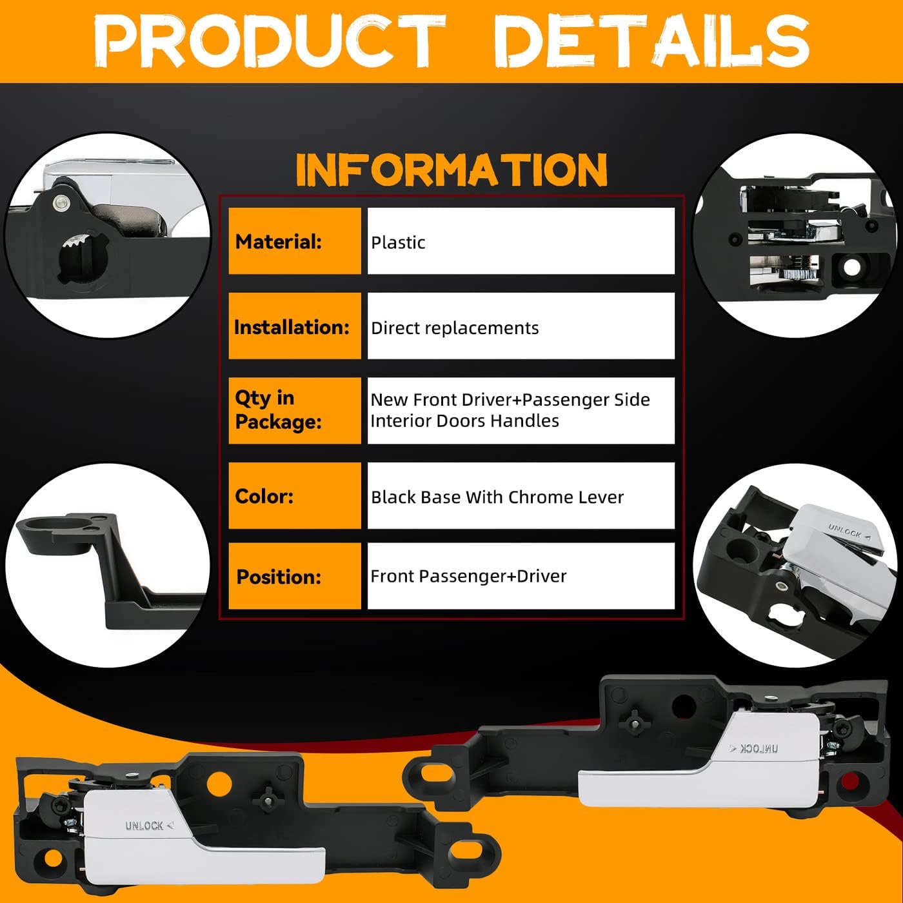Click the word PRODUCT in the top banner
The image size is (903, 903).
pyautogui.click(x=270, y=41)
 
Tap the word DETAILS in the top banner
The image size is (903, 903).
pyautogui.click(x=651, y=41)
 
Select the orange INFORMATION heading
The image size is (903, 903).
pyautogui.click(x=451, y=170)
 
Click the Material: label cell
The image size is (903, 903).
pyautogui.click(x=295, y=241)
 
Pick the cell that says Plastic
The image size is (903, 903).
pyautogui.click(x=521, y=241)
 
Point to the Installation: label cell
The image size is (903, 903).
pyautogui.click(x=295, y=326)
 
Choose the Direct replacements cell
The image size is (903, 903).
pyautogui.click(x=521, y=326)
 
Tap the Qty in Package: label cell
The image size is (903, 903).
pyautogui.click(x=295, y=410)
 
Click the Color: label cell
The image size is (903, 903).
pyautogui.click(x=295, y=496)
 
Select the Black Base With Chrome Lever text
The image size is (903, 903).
pyautogui.click(x=497, y=497)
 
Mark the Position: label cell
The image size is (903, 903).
pyautogui.click(x=295, y=576)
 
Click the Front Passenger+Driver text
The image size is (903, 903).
pyautogui.click(x=469, y=576)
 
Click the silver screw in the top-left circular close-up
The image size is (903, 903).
pyautogui.click(x=61, y=203)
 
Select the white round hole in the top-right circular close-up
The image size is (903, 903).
pyautogui.click(x=852, y=268)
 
